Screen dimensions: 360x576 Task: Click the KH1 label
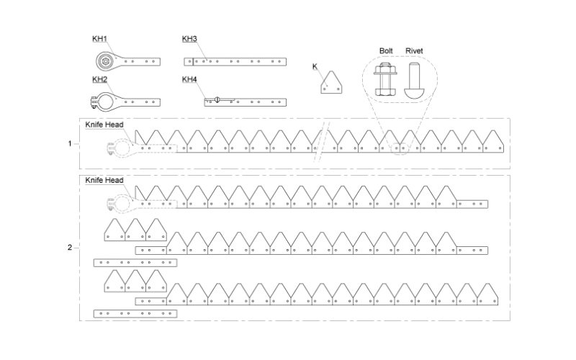pyautogui.click(x=99, y=38)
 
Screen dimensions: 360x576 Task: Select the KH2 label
pyautogui.click(x=99, y=78)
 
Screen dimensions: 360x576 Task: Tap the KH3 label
pyautogui.click(x=189, y=38)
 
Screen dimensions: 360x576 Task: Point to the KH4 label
pyautogui.click(x=189, y=78)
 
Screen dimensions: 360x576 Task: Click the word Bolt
pyautogui.click(x=387, y=51)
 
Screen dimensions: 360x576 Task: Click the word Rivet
pyautogui.click(x=415, y=51)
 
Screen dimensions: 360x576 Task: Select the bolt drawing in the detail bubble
pyautogui.click(x=384, y=81)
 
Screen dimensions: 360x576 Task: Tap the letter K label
pyautogui.click(x=315, y=66)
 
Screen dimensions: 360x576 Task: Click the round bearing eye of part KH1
pyautogui.click(x=106, y=61)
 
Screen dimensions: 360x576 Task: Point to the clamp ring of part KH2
pyautogui.click(x=106, y=102)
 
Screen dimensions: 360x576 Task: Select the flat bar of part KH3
pyautogui.click(x=238, y=61)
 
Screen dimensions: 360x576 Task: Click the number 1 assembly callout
pyautogui.click(x=70, y=143)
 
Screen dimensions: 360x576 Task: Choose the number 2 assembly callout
pyautogui.click(x=70, y=248)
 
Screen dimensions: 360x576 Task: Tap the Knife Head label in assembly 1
pyautogui.click(x=104, y=125)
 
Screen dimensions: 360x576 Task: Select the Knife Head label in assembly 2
pyautogui.click(x=104, y=180)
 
